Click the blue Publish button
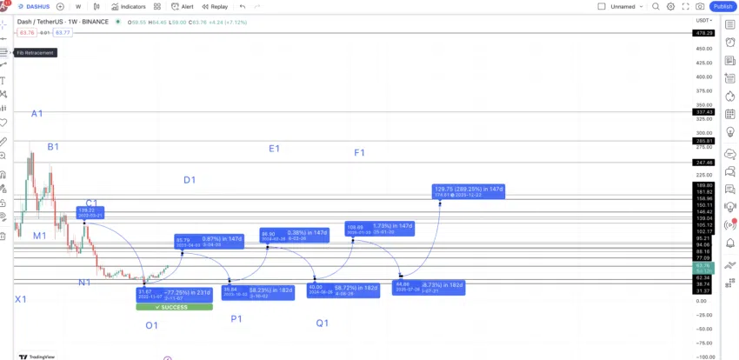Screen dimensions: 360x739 [721, 6]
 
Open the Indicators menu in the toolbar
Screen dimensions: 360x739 [129, 6]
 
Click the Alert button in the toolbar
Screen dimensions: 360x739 [183, 6]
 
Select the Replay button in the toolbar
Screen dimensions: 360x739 [215, 6]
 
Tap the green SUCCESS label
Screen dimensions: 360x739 [174, 307]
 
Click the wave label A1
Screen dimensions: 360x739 [37, 114]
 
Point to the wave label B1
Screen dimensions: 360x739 [53, 147]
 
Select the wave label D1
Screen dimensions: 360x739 [190, 180]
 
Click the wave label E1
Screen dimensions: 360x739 [274, 149]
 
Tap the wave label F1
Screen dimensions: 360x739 [359, 153]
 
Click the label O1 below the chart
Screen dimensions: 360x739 [151, 325]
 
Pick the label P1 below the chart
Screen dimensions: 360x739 [236, 319]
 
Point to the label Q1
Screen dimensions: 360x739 [322, 323]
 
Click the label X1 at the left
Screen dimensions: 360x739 [20, 299]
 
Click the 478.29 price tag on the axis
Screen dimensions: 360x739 [703, 33]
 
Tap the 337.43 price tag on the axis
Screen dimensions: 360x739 [703, 112]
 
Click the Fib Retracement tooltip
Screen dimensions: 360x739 [35, 52]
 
